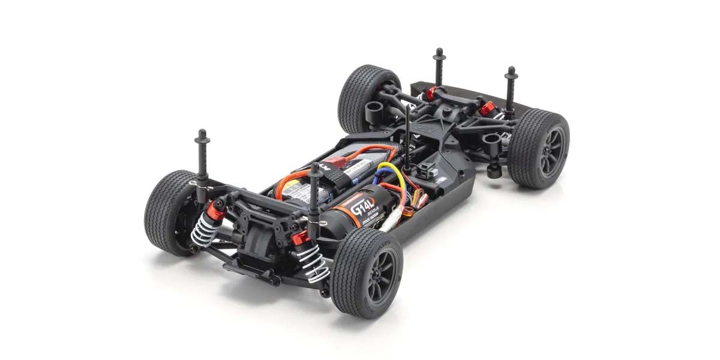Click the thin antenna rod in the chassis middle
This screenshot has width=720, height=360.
click(407, 138)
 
